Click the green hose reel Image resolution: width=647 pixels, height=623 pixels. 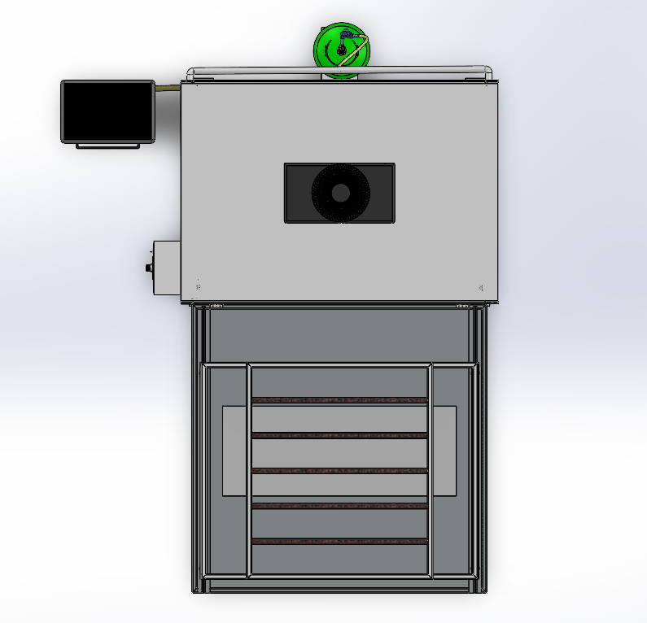click(342, 50)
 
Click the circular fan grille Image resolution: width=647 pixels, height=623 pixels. click(340, 193)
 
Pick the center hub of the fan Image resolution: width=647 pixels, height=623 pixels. click(340, 193)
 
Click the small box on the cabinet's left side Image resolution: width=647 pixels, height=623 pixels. click(166, 268)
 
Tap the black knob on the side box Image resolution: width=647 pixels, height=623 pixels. click(148, 268)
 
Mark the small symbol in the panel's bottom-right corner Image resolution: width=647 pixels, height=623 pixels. click(481, 287)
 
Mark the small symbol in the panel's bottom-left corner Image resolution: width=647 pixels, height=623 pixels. click(199, 285)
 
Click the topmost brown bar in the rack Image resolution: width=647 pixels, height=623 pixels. click(339, 400)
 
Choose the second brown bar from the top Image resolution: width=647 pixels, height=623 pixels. click(339, 436)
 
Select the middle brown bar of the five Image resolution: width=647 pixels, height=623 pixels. click(339, 471)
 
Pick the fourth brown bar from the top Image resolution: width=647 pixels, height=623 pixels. click(339, 506)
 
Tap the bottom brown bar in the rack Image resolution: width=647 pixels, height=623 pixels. click(339, 541)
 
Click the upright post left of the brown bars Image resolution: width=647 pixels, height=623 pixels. click(249, 472)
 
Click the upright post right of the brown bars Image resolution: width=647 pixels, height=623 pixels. click(430, 472)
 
